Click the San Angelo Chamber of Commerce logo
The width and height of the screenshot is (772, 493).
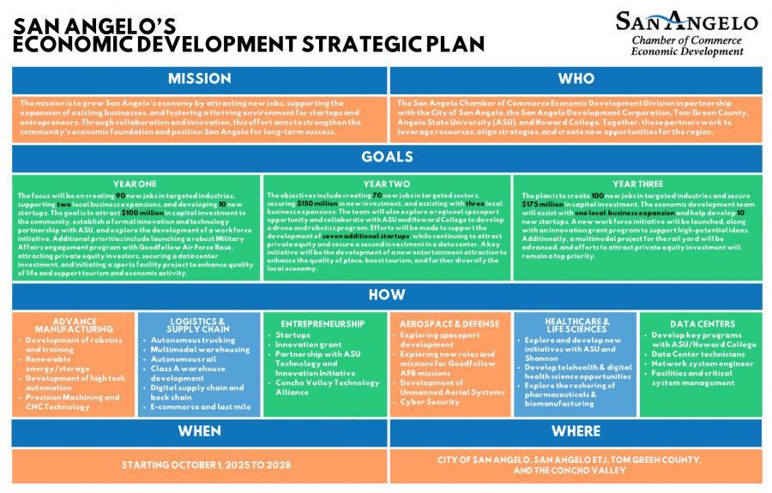point(685,34)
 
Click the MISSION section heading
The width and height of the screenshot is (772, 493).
point(199,79)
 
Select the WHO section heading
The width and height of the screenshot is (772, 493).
point(576,79)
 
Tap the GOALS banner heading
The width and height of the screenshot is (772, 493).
point(386,157)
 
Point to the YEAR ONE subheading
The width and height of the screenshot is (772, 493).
point(135,183)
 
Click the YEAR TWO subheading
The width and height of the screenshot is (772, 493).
point(386,183)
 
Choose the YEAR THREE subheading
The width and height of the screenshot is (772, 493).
point(636,183)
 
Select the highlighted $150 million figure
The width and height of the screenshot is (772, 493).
point(317,204)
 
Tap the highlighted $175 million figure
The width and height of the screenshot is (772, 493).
point(543,205)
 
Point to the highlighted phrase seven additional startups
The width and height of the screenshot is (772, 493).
point(366,236)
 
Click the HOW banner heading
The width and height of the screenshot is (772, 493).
point(386,294)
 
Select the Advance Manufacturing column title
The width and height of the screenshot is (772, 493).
point(75,325)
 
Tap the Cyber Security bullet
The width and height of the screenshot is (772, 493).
point(430,401)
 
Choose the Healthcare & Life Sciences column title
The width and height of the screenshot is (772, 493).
point(576,325)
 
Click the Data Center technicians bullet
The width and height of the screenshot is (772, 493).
point(698,354)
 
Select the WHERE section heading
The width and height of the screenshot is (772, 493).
point(576,431)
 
